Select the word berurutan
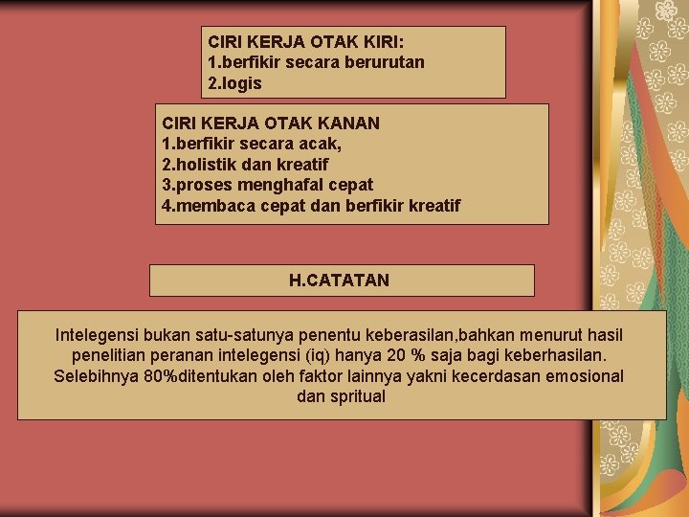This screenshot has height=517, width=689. pos(382,62)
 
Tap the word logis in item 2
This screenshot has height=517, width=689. pos(240,83)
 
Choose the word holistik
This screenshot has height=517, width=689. pos(209,165)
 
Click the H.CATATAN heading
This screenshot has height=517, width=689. pos(339,281)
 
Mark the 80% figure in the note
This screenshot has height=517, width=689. pos(164,375)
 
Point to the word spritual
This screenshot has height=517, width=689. pos(358,395)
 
